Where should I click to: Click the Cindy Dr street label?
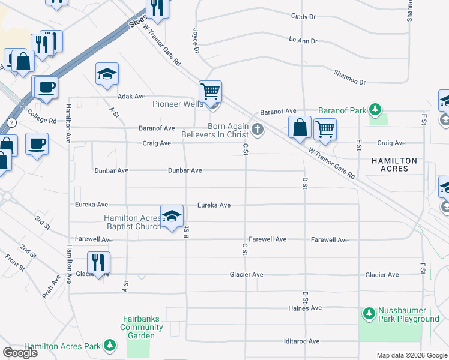[x=303, y=17]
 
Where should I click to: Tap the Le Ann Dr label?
[x=303, y=41]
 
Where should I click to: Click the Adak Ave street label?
[x=132, y=96]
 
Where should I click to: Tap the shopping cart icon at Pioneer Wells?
[x=211, y=92]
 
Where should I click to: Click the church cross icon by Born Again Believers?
[x=258, y=129]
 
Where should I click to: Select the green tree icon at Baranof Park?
[x=375, y=110]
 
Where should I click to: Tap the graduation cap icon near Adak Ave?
[x=107, y=74]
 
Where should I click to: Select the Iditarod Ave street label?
[x=301, y=341]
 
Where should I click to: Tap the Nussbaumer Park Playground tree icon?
[x=369, y=314]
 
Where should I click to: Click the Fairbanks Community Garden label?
[x=142, y=327]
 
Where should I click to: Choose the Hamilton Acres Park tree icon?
[x=109, y=344]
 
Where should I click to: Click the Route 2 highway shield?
[x=11, y=122]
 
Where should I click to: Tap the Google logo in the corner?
[x=20, y=353]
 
